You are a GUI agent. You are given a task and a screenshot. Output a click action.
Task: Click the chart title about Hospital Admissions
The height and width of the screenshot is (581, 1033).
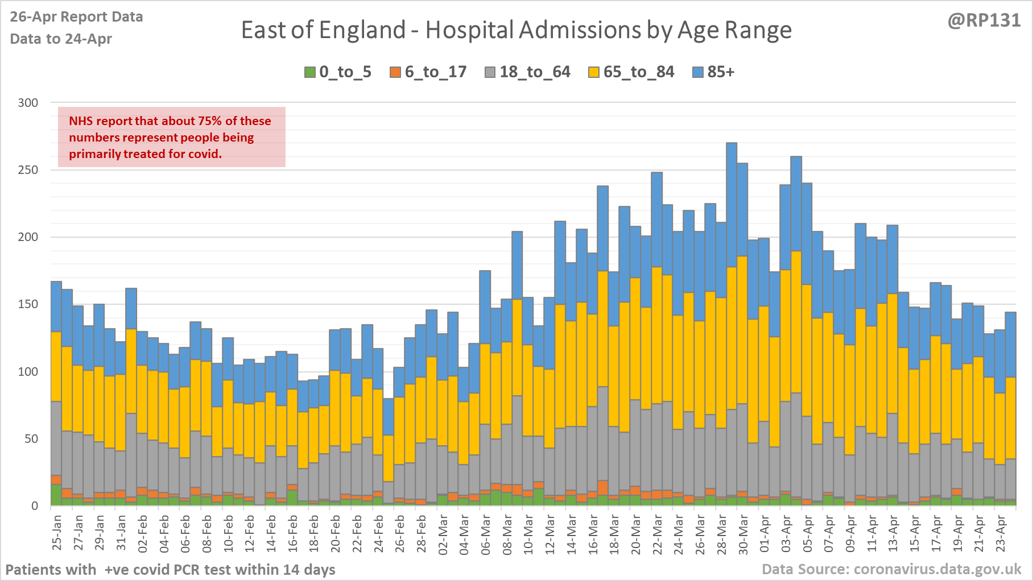click(x=516, y=30)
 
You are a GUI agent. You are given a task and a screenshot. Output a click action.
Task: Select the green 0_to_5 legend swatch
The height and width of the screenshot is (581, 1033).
click(x=310, y=72)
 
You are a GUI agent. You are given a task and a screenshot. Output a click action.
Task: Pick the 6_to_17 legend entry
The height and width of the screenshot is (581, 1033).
click(x=428, y=72)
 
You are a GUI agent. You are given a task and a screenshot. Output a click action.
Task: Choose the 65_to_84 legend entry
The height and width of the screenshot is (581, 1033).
click(x=631, y=72)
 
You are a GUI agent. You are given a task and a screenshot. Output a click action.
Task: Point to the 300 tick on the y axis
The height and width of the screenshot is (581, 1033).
click(x=28, y=103)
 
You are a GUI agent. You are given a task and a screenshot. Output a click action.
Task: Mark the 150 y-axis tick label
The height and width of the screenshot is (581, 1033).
click(x=28, y=304)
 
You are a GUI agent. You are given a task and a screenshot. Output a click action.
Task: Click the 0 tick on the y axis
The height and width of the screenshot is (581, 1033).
click(x=35, y=505)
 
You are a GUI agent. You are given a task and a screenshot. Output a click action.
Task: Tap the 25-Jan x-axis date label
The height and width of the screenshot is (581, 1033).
click(x=57, y=533)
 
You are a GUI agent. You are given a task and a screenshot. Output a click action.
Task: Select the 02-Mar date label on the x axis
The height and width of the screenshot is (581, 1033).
click(x=443, y=533)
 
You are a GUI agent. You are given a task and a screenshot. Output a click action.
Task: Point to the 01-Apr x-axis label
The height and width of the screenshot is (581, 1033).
click(x=764, y=533)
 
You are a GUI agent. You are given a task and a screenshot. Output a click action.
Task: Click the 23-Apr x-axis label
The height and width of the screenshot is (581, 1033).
click(x=1000, y=533)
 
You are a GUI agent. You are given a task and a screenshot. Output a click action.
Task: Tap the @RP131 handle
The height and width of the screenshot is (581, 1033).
click(x=984, y=20)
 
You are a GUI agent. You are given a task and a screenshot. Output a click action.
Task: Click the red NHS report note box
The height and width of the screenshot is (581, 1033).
click(x=171, y=137)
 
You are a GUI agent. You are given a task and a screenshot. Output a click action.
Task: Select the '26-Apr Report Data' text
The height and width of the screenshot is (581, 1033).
click(x=76, y=17)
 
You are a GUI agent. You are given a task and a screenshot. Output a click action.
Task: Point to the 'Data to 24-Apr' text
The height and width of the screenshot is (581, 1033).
click(x=61, y=39)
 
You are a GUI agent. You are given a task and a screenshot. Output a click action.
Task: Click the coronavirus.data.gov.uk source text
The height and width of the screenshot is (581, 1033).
click(x=891, y=569)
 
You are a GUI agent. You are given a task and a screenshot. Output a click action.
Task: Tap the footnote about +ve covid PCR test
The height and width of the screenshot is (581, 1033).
click(x=170, y=569)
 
